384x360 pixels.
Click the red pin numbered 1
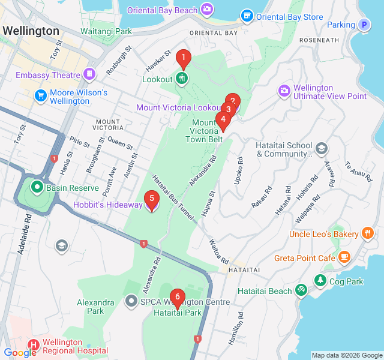183,59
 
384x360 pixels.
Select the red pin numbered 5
152,199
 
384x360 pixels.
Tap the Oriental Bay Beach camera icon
207,8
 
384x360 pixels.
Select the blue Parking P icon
364,25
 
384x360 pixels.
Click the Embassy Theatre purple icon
89,74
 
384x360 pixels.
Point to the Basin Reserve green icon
37,187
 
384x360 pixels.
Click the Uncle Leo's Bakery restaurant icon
367,233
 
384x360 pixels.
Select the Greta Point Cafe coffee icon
344,257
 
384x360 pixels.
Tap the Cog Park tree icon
320,280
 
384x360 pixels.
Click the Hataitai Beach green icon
301,290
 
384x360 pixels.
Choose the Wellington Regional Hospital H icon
33,345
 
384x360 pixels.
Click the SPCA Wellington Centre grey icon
131,301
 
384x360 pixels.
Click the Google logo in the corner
20,353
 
